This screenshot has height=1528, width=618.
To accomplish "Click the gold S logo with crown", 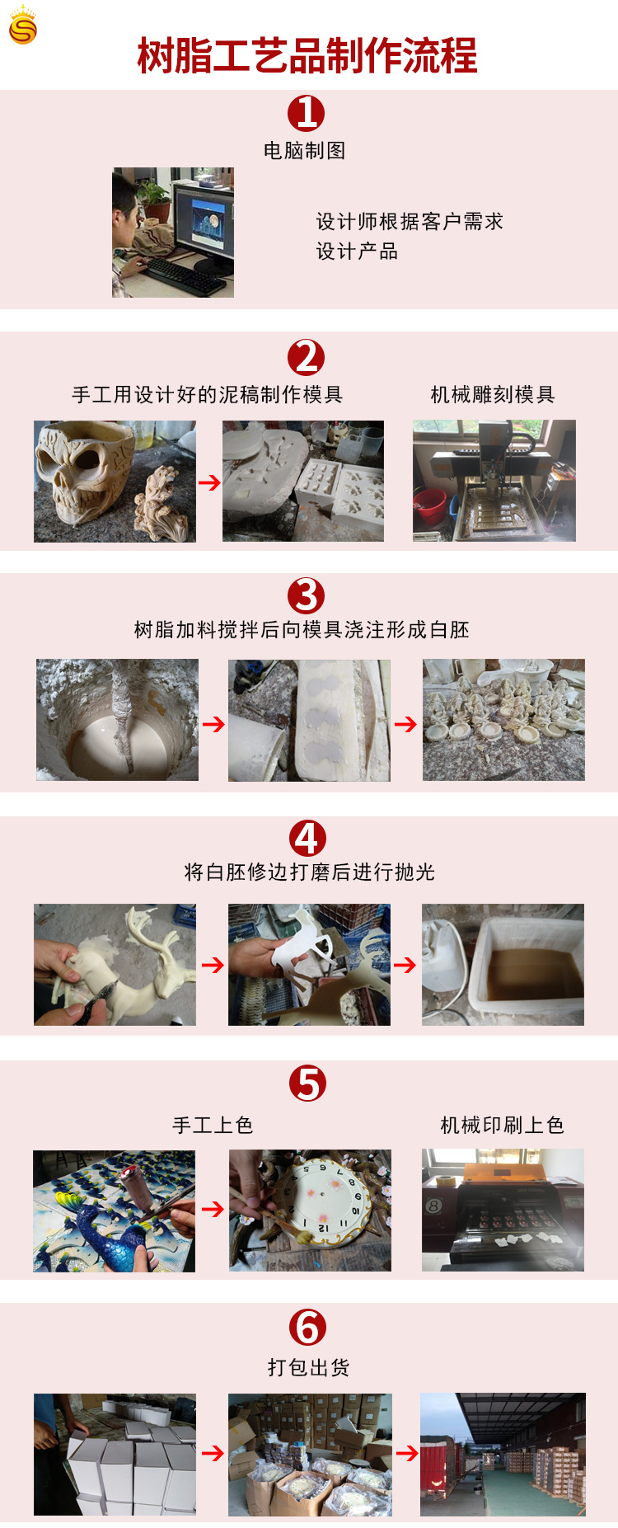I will (22, 26).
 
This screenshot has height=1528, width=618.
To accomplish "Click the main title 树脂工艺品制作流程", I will (307, 57).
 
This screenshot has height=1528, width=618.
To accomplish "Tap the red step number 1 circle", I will (306, 113).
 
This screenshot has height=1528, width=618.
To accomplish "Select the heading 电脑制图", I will (304, 151).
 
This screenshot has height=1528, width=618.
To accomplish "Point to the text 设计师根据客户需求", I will (409, 222).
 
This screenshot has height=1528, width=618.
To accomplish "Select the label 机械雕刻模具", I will (493, 395).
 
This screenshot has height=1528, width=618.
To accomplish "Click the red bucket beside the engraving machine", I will (430, 505).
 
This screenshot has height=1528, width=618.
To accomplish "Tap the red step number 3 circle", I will (306, 595).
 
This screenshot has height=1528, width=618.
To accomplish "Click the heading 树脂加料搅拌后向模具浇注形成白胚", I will (302, 630).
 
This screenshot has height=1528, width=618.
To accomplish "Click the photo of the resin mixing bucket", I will (117, 720).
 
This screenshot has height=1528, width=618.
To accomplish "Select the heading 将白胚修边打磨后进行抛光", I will (309, 872).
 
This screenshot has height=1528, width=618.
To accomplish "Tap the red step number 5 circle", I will (307, 1084).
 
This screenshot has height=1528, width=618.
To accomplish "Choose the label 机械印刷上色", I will (502, 1126).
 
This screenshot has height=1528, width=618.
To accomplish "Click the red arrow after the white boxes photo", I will (213, 1453).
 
